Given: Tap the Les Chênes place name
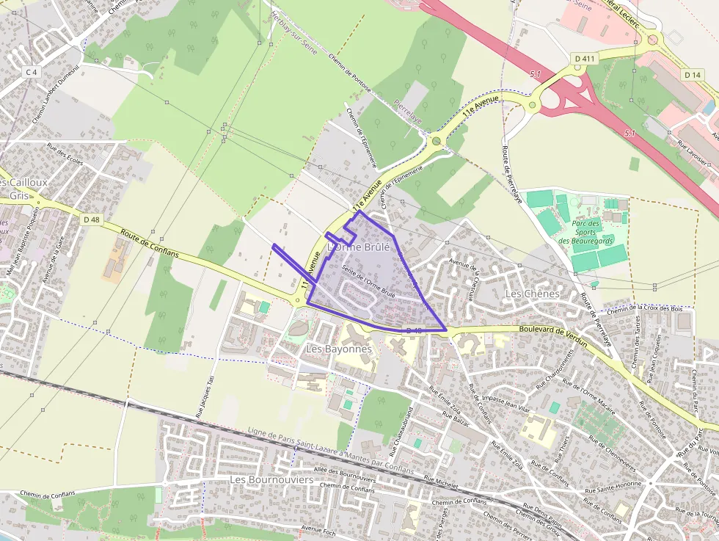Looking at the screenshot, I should click(x=533, y=294).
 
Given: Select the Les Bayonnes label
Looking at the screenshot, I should click(x=339, y=349).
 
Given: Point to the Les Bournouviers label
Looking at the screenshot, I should click(x=271, y=479).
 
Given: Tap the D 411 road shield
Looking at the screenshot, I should click(x=583, y=57).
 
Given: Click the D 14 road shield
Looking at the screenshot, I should click(x=693, y=75).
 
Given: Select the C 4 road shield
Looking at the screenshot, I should click(x=31, y=72).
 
